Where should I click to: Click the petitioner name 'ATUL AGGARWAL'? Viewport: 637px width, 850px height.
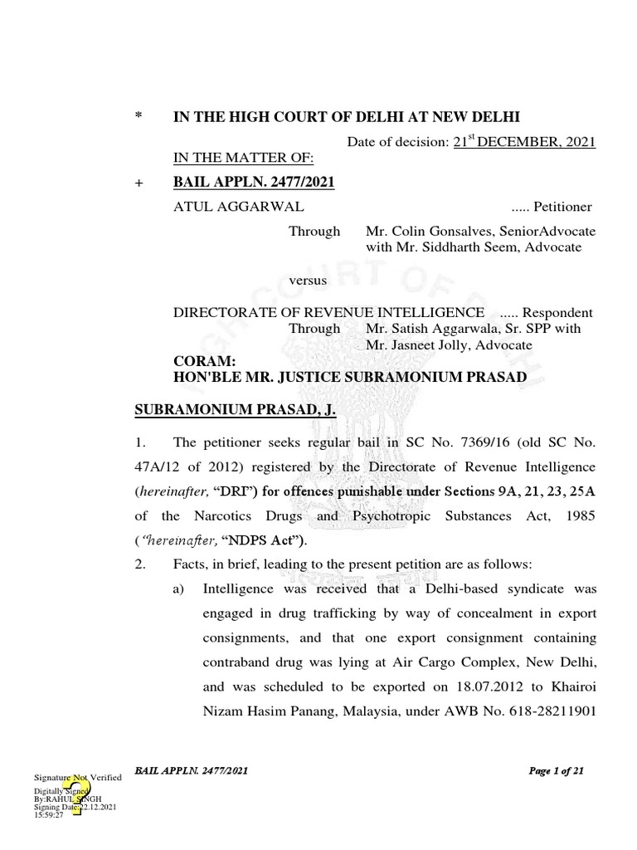[x=226, y=207]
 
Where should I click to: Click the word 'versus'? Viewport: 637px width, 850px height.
[x=307, y=281]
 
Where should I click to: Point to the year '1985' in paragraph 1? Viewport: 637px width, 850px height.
[x=579, y=515]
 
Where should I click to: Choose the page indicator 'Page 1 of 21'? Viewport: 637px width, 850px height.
[x=556, y=771]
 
